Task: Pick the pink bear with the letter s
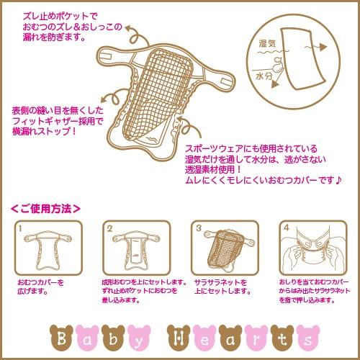302,337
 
